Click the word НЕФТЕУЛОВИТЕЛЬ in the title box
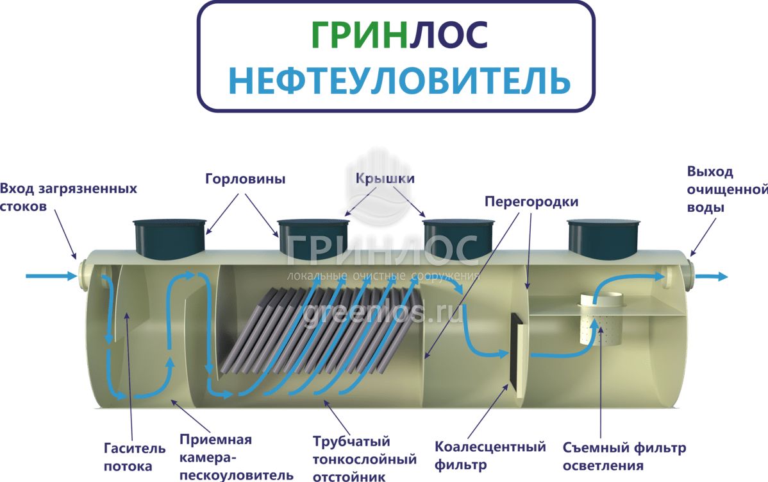point(399,80)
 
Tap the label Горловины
point(246,179)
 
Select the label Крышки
point(385,178)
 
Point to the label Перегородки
point(531,202)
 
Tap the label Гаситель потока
point(134,456)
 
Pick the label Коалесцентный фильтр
point(490,455)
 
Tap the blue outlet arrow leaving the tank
point(712,276)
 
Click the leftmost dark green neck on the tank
point(170,236)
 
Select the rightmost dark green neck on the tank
point(604,236)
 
